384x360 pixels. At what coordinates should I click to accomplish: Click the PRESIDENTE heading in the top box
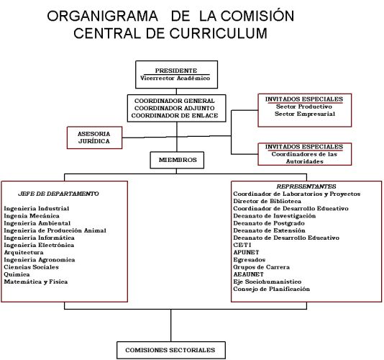[x=176, y=71]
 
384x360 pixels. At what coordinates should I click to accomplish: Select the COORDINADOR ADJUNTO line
[x=174, y=108]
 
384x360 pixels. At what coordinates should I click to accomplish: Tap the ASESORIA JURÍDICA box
[x=94, y=138]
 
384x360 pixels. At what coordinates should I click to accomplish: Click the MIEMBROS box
[x=177, y=160]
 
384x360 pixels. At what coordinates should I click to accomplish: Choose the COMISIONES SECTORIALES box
[x=171, y=350]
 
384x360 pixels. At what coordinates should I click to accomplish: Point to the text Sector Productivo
[x=304, y=107]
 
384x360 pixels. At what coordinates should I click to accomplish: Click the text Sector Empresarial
[x=305, y=114]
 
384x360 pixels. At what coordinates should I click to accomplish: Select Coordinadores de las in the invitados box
[x=304, y=154]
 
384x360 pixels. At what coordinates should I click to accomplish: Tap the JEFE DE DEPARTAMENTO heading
[x=58, y=194]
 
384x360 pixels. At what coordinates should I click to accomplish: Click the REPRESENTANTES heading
[x=306, y=186]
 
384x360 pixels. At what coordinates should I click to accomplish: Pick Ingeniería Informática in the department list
[x=39, y=238]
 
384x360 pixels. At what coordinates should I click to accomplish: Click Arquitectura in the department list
[x=24, y=252]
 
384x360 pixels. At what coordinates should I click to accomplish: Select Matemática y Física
[x=36, y=282]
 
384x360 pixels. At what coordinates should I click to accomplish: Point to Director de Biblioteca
[x=268, y=201]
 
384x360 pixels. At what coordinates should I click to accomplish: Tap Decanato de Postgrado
[x=269, y=223]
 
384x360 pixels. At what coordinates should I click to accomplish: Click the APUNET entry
[x=246, y=252]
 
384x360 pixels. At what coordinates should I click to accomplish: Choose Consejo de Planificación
[x=272, y=289]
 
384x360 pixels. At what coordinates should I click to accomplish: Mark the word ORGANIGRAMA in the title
[x=102, y=16]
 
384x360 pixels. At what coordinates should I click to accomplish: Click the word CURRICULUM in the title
[x=218, y=33]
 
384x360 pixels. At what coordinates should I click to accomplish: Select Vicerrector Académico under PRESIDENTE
[x=175, y=78]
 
